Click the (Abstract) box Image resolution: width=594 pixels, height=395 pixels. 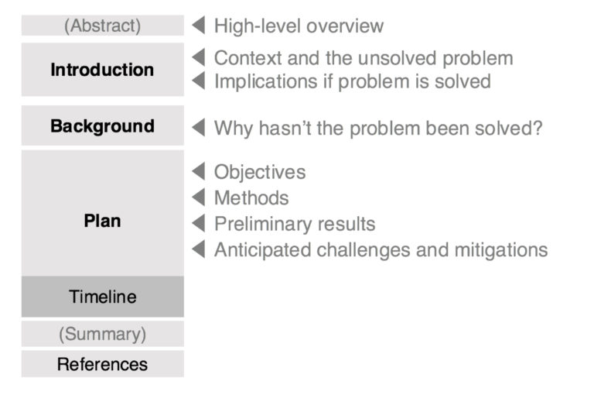coord(102,26)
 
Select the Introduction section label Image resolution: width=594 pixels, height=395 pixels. coord(102,70)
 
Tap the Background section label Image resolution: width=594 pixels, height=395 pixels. coord(102,125)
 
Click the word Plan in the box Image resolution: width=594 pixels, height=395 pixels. coord(102,221)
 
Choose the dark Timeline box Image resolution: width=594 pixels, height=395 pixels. coord(102,297)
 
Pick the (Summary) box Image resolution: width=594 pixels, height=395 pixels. coord(102,335)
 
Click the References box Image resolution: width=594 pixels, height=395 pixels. coord(102,364)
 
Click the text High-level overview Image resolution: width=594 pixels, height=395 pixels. coord(299,26)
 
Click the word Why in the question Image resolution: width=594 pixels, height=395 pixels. coord(231,128)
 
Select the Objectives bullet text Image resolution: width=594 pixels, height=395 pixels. coord(260,172)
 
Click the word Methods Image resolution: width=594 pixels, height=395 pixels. coord(251,198)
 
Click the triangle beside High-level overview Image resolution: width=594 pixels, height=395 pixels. coord(198,26)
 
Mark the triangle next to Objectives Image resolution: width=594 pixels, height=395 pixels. coord(198,172)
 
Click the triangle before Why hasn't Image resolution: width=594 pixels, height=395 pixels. coord(198,128)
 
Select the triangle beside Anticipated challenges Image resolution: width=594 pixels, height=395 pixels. coord(198,249)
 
